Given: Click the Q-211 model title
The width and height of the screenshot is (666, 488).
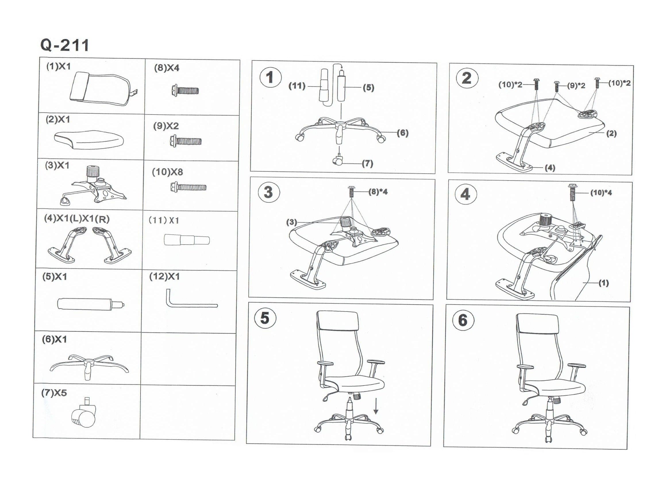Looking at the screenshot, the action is coord(64,45).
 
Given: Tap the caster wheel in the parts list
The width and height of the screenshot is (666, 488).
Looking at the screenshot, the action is coord(84,413).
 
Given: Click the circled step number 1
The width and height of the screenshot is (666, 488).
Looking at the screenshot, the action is coord(270,77).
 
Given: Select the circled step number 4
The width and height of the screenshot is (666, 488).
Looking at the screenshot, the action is coord(465,194).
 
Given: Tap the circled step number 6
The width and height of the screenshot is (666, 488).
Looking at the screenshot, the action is coord(463,320).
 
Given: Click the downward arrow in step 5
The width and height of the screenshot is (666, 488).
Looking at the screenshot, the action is coord(376,406).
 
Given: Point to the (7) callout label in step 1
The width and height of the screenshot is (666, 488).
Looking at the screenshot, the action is coord(367,163).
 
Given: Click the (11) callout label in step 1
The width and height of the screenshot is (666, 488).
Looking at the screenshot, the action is coord(297,86).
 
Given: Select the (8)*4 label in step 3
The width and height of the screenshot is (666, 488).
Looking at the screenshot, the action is coord(378,192).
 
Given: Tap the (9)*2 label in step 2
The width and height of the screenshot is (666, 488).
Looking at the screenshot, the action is coord(576,86).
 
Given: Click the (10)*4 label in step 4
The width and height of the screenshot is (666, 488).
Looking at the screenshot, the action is coord(601,193).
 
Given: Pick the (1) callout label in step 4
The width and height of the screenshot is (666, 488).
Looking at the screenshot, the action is coord(604,283).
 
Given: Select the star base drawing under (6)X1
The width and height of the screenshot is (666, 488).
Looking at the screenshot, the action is coord(89,367).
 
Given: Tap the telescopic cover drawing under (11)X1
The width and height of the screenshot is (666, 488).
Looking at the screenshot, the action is coord(187,240).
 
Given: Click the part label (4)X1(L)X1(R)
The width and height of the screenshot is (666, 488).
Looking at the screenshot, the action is coord(77,219).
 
